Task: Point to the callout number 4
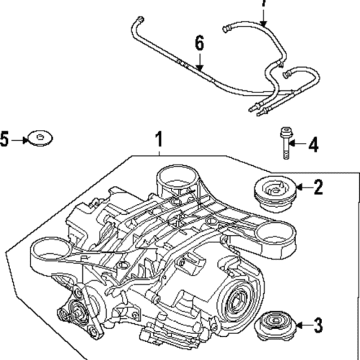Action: [312, 146]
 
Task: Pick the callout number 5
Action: [5, 139]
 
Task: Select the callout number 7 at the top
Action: [263, 4]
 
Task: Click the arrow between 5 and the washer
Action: [18, 139]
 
